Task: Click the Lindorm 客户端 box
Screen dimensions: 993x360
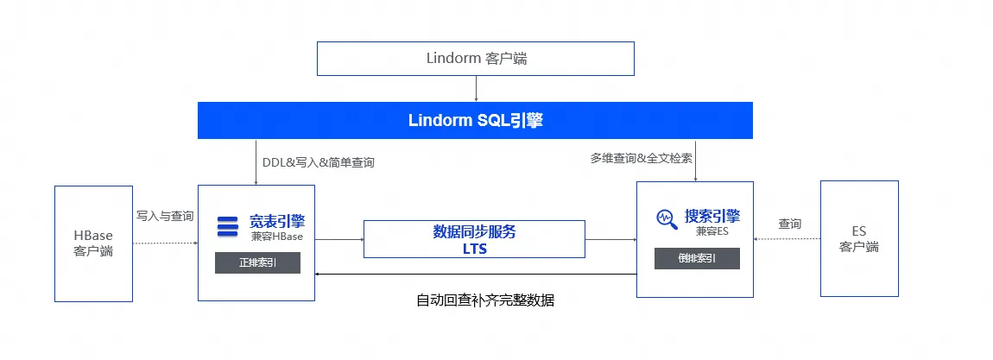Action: coord(476,59)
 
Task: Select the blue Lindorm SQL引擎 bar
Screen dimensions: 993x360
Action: coord(475,120)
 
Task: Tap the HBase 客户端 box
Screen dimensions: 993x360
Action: coord(94,243)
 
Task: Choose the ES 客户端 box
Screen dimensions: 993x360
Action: coord(859,238)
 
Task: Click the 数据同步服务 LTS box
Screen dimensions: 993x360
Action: coord(474,239)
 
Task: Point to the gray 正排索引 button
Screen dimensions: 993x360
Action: coord(258,262)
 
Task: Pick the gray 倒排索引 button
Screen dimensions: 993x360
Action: coord(697,259)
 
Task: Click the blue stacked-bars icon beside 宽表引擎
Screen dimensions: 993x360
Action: coord(227,226)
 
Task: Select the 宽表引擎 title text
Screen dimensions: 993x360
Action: coord(277,222)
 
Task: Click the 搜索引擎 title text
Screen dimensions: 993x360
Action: coord(712,217)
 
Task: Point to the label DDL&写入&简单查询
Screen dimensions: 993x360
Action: coord(319,162)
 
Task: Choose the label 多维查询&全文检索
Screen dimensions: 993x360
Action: coord(642,158)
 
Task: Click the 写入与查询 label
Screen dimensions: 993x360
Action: coord(165,217)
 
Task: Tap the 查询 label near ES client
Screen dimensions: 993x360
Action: coord(790,224)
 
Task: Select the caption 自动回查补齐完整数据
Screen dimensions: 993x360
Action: coord(485,300)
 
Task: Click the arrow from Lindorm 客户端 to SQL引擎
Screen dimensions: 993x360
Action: coord(476,89)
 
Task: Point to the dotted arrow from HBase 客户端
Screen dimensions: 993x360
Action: coord(165,243)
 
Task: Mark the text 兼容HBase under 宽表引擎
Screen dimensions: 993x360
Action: coord(277,237)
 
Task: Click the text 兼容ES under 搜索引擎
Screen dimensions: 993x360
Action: coord(712,231)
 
